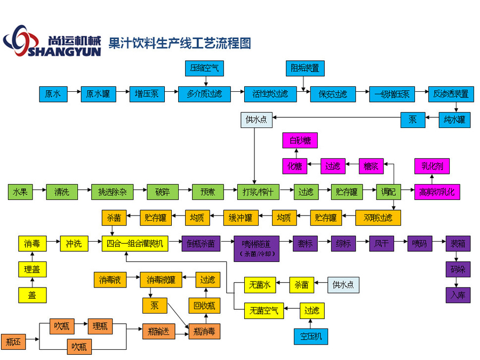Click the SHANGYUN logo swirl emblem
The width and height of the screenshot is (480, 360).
22,40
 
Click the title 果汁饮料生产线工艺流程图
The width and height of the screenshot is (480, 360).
179,43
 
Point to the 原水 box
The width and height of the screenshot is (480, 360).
53,94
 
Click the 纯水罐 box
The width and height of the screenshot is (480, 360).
454,120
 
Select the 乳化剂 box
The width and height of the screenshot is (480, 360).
432,166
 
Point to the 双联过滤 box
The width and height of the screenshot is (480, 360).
378,218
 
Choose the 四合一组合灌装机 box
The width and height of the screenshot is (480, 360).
135,244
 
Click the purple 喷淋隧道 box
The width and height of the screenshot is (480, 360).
256,247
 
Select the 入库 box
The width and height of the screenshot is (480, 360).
458,295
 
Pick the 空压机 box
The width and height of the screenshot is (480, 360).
311,337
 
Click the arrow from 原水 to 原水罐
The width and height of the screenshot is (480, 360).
74,94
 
